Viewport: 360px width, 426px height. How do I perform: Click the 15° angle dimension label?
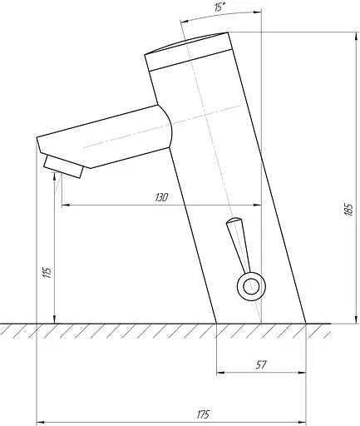[219, 7]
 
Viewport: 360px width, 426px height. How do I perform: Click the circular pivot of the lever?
[249, 287]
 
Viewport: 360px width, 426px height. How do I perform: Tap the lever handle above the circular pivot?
[238, 241]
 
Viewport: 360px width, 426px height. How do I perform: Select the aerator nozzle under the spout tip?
[65, 166]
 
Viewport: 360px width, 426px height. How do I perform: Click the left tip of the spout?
[38, 144]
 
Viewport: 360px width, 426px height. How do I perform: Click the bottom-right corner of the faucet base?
[307, 323]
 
